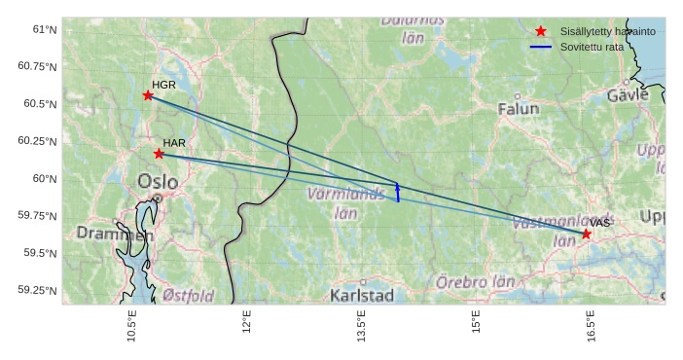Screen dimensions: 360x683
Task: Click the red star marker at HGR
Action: click(x=148, y=95)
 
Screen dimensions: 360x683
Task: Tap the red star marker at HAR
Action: click(x=159, y=154)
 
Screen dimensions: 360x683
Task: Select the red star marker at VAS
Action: click(x=586, y=234)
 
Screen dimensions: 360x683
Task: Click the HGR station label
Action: click(x=163, y=85)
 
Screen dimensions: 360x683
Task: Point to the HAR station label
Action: click(x=174, y=143)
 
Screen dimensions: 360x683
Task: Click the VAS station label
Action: click(x=599, y=223)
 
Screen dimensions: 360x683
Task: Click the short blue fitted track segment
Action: click(x=398, y=192)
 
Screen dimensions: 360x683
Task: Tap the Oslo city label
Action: click(x=158, y=181)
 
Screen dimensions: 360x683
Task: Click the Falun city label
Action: click(x=518, y=109)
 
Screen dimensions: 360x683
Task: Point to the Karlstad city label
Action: click(x=362, y=295)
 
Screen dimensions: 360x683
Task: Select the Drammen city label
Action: click(x=115, y=234)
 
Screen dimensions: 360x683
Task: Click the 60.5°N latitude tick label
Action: click(x=39, y=104)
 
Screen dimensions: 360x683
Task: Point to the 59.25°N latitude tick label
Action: click(x=37, y=290)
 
